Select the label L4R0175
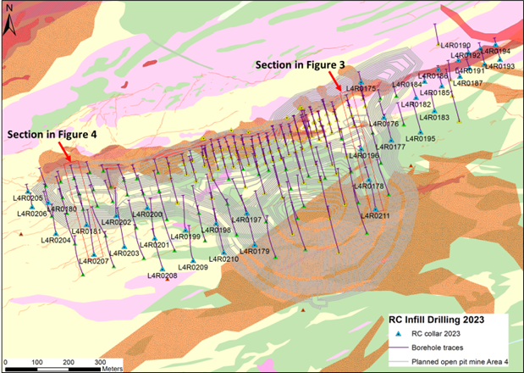click(359, 89)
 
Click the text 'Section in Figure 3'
click(297, 64)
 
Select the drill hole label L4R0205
click(27, 198)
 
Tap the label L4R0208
click(163, 276)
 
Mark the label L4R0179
click(253, 251)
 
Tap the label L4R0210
click(223, 259)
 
